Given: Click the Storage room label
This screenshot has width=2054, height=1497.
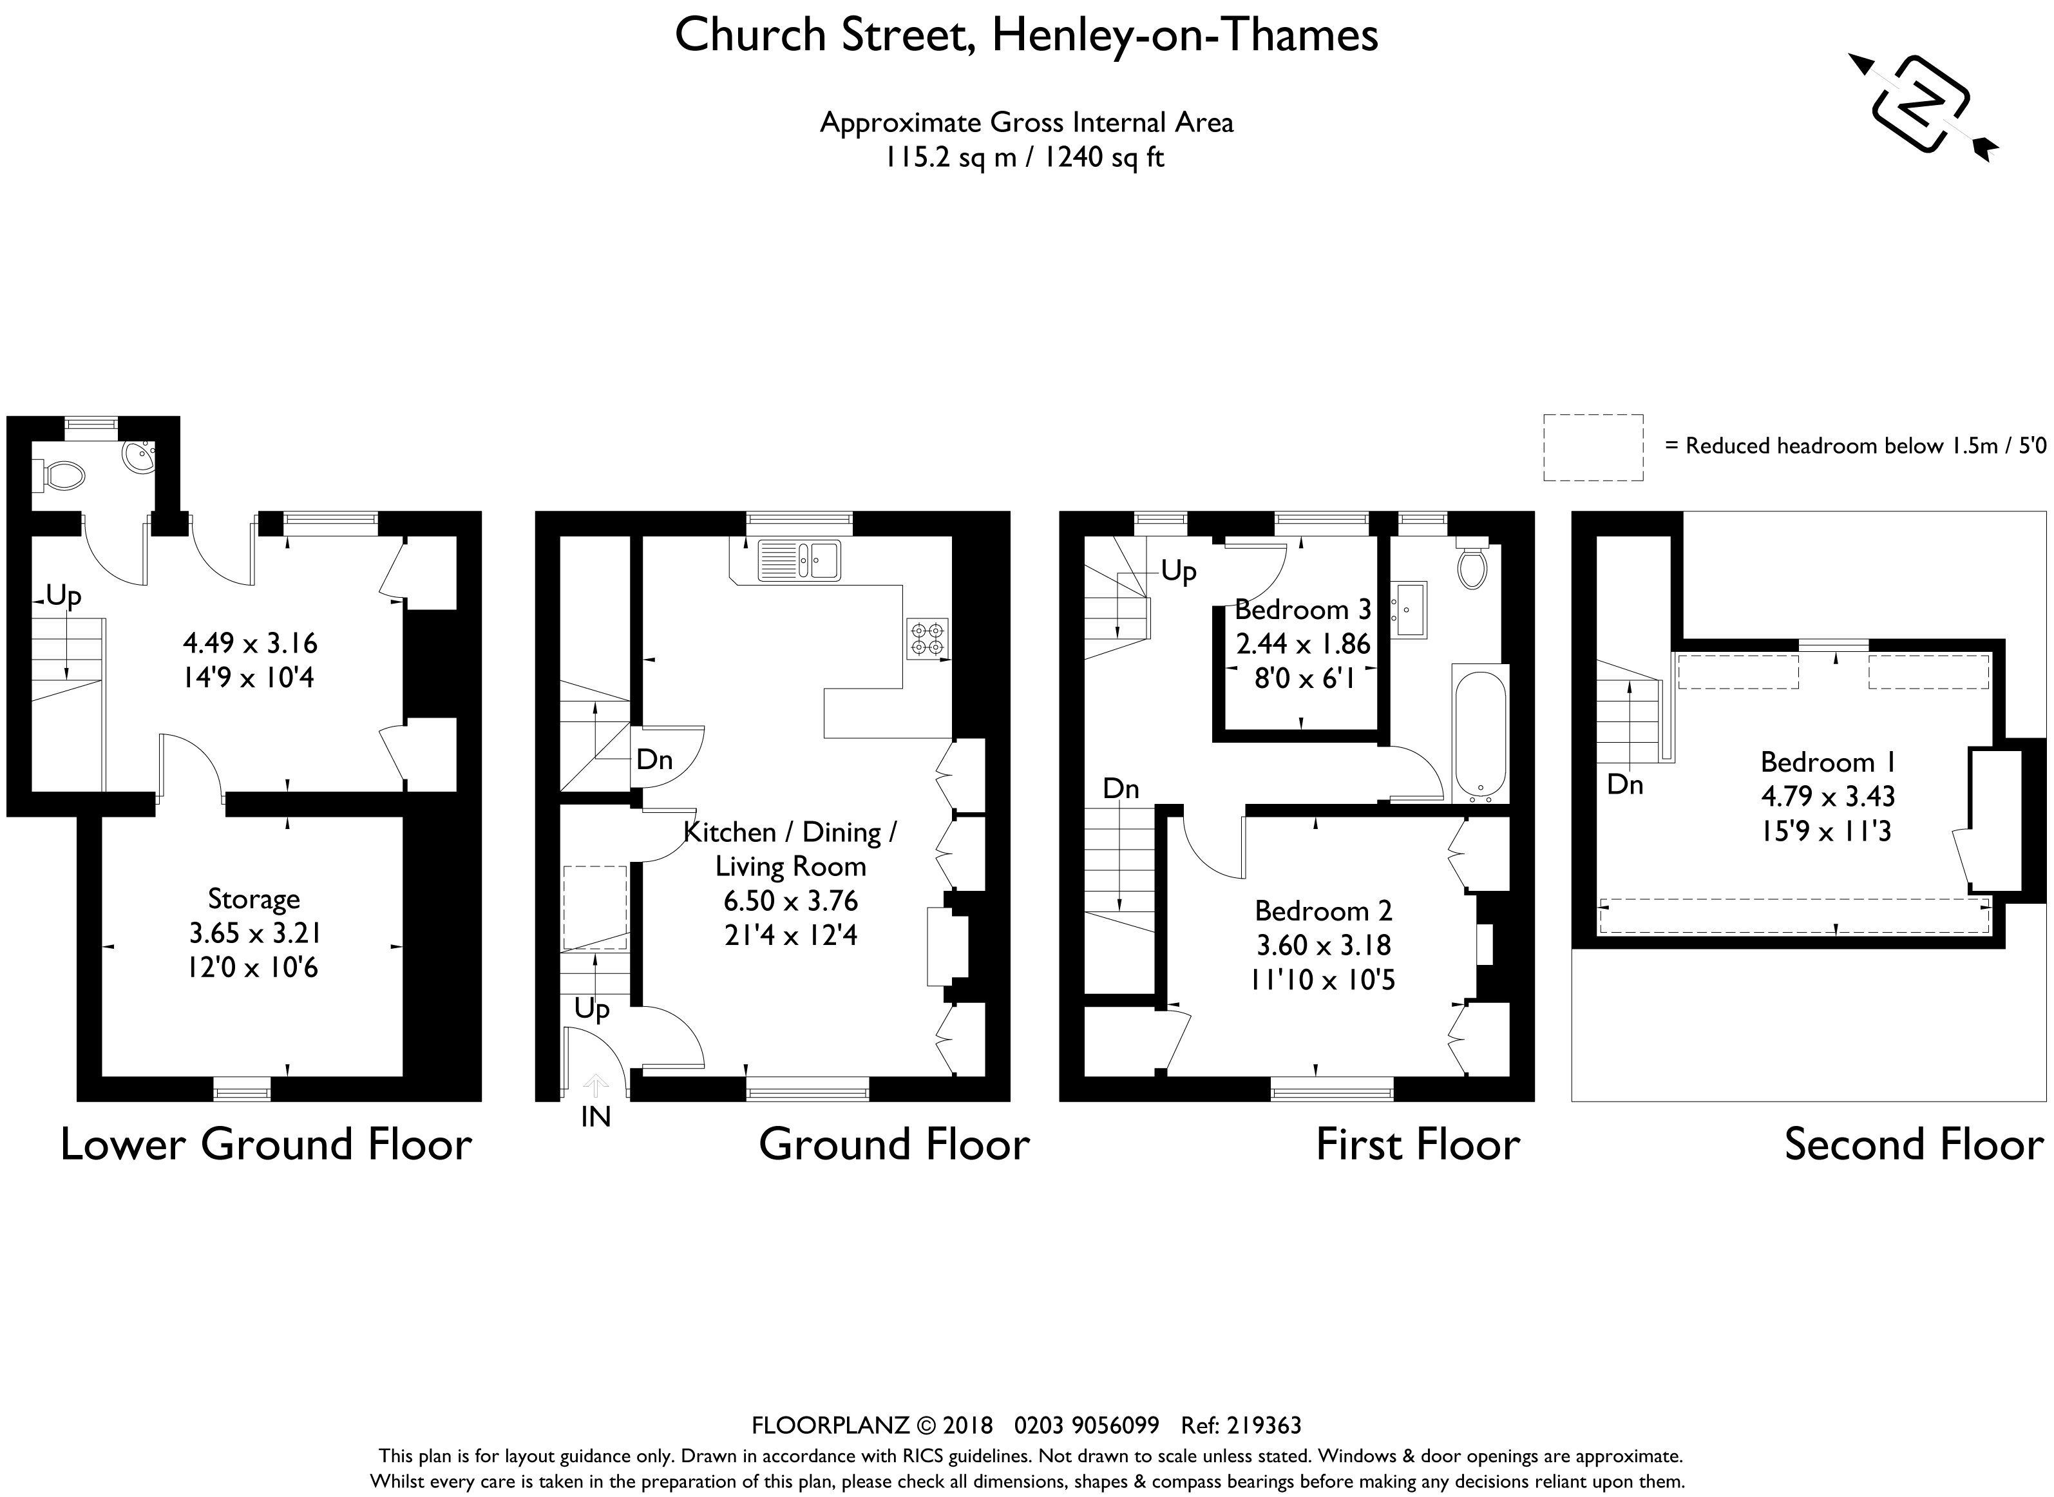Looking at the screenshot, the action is [254, 899].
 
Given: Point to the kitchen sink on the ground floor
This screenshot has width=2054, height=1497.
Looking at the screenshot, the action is [799, 560].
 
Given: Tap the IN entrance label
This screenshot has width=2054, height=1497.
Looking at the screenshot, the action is [595, 1118].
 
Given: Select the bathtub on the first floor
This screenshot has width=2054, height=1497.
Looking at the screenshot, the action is [1479, 733].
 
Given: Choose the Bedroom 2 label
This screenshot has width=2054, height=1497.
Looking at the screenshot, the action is [1324, 911].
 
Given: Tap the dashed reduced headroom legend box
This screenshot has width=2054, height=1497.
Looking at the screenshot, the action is [1593, 448].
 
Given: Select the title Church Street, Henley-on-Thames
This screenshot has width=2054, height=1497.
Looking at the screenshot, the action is [1027, 36].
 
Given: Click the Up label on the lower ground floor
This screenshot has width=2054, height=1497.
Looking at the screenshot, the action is [63, 597].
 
